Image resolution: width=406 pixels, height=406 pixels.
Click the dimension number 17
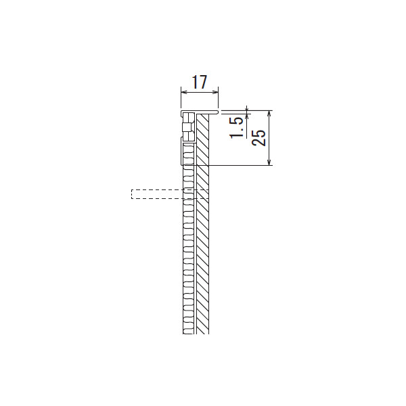point(200,82)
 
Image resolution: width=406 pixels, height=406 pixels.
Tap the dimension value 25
point(259,137)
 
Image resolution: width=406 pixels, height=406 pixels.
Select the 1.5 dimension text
point(237,128)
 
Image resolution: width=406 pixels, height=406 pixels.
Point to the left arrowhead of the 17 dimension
point(184,92)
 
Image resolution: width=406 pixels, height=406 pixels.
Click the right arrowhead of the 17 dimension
point(215,92)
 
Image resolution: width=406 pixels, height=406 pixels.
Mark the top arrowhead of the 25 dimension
point(269,114)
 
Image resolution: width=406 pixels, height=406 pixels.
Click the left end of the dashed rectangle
point(131,194)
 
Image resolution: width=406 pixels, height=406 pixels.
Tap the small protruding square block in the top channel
point(187,127)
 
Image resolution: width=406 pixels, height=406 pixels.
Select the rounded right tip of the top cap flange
point(218,112)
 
